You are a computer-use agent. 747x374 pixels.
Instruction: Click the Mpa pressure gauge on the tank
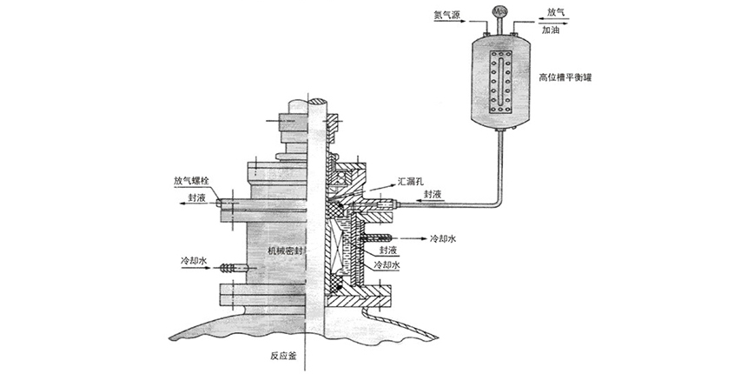pyautogui.click(x=500, y=11)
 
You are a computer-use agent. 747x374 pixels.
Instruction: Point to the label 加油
pyautogui.click(x=552, y=30)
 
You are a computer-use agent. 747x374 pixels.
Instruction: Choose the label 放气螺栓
pyautogui.click(x=190, y=182)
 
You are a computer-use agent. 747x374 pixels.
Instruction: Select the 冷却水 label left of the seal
pyautogui.click(x=193, y=259)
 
